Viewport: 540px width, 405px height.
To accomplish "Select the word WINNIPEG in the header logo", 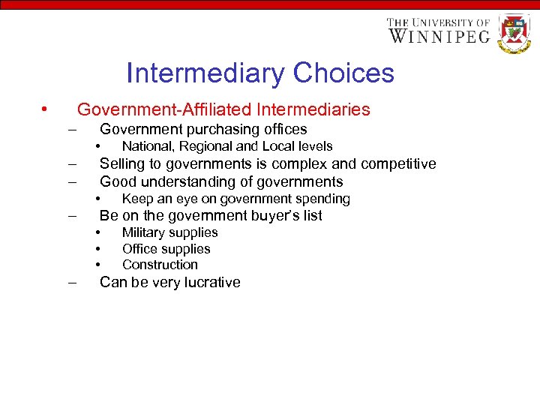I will [439, 36].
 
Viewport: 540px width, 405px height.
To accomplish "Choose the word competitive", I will [398, 164].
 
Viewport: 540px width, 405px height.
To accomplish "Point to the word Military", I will [144, 232].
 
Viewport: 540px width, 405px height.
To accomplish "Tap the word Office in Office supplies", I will [140, 249].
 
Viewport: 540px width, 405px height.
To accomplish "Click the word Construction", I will [160, 265].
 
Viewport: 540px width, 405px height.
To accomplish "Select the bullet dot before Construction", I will [97, 265].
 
